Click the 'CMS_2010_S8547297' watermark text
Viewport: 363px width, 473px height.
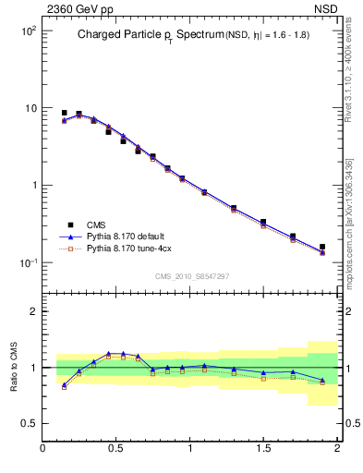(191, 276)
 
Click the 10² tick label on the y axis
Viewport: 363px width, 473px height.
(27, 30)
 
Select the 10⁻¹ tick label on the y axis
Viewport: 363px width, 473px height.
(27, 263)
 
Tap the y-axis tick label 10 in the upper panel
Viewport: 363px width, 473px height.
(30, 108)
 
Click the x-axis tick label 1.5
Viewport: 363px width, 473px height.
(263, 449)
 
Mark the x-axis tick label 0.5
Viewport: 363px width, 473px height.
(116, 449)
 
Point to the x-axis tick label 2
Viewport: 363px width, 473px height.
(337, 449)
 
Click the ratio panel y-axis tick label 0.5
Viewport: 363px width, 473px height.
(29, 423)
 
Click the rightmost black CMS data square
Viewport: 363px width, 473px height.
(322, 248)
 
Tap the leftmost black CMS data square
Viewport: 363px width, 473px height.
(64, 113)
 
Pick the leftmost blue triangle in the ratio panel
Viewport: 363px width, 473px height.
(64, 385)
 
